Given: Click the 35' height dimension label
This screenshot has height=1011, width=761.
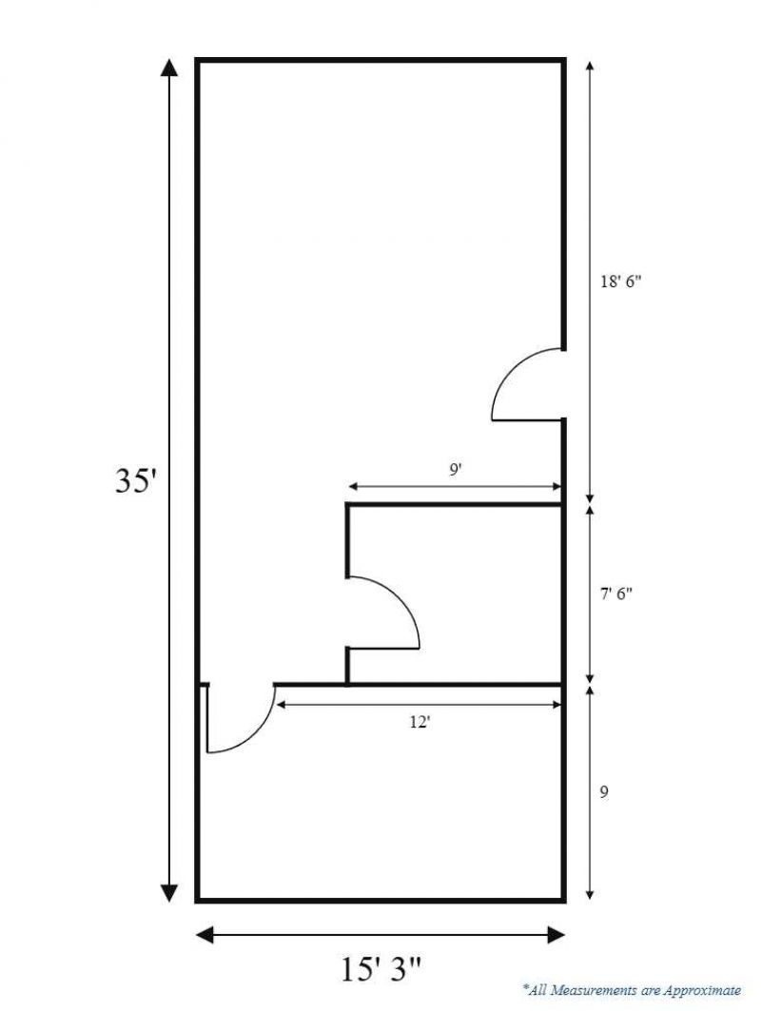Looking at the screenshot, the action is (x=136, y=481).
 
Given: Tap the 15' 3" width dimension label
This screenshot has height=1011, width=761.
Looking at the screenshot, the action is (x=380, y=969).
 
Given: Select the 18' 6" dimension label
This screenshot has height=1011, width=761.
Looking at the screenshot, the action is (x=621, y=282).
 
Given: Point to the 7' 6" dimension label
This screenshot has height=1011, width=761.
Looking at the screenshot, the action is (x=616, y=593).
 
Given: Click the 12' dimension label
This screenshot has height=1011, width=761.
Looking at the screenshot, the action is (x=420, y=723).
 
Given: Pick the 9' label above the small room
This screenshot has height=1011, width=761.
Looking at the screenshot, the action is (x=456, y=470).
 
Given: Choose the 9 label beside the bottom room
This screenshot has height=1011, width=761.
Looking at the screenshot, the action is (x=604, y=792).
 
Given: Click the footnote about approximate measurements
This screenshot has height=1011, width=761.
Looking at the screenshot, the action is (x=632, y=989).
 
